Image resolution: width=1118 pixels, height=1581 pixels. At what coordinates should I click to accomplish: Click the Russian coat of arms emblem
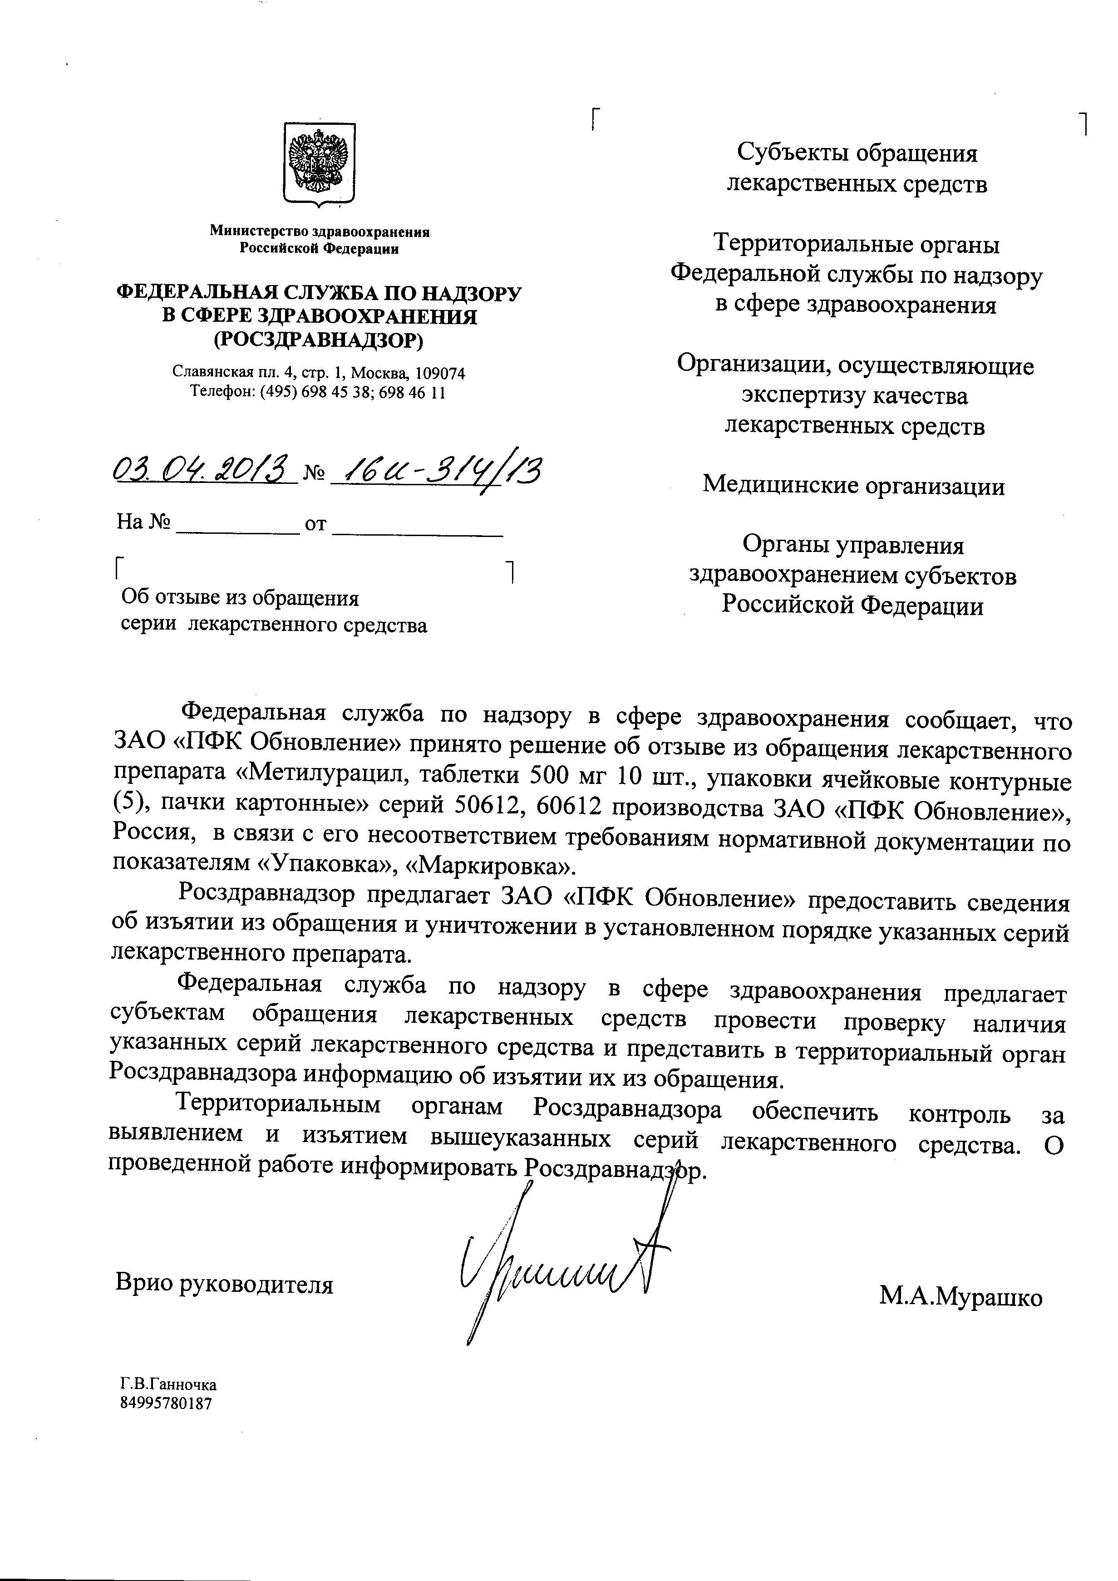pos(320,165)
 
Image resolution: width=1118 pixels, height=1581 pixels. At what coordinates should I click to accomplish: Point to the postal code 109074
pos(441,373)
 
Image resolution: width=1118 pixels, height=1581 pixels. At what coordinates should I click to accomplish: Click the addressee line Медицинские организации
pos(854,486)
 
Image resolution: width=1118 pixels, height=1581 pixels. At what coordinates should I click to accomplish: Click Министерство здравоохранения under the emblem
pos(320,232)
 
